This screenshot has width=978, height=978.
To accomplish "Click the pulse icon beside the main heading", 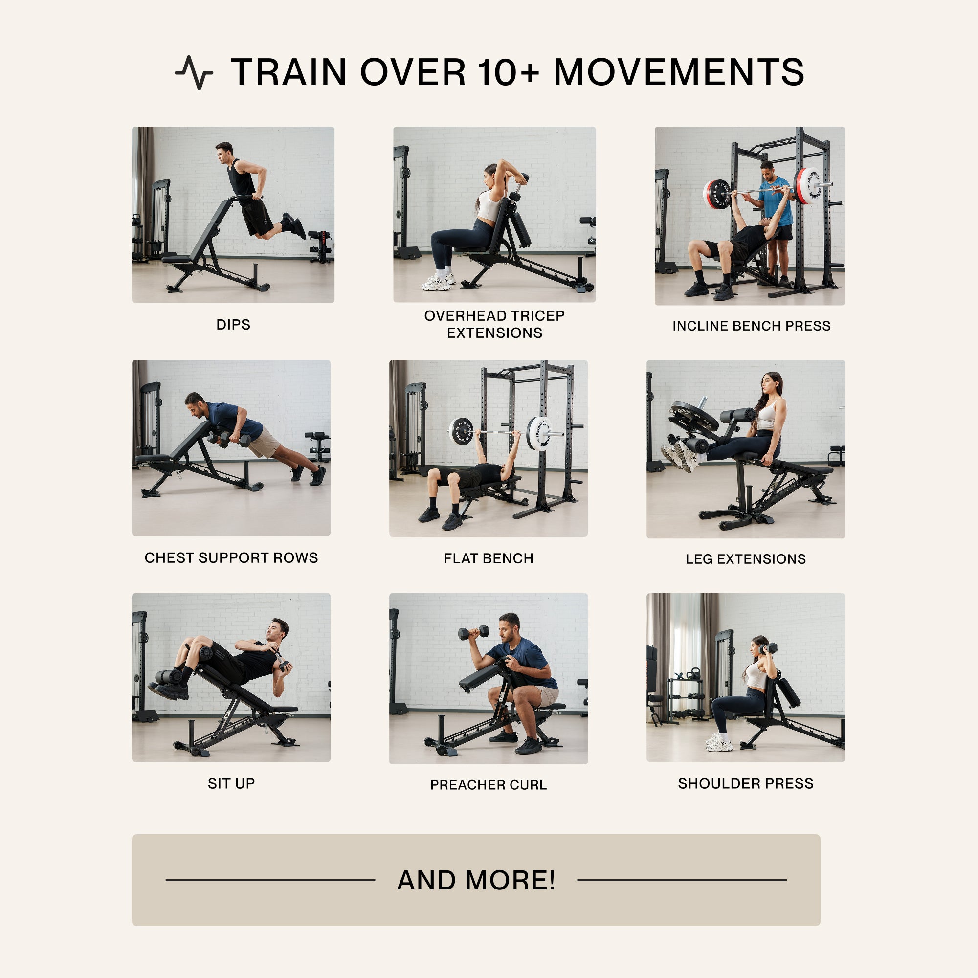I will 194,72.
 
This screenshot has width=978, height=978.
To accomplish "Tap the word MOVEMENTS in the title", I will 678,72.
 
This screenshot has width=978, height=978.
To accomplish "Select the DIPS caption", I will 233,325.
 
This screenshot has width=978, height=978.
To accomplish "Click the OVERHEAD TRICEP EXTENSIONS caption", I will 494,324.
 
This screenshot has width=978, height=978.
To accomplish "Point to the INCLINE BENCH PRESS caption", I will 751,326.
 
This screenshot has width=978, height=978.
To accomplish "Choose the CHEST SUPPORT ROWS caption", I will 231,558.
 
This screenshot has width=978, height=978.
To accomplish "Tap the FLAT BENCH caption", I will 488,558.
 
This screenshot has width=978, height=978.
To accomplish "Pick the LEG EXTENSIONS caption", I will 745,559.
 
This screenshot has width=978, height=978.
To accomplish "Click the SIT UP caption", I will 231,783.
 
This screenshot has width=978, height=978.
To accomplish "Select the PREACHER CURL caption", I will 488,785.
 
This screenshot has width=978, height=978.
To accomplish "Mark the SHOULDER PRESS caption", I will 745,783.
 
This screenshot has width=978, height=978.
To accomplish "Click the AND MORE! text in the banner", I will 476,880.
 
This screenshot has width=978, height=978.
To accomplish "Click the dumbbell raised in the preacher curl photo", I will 473,632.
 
